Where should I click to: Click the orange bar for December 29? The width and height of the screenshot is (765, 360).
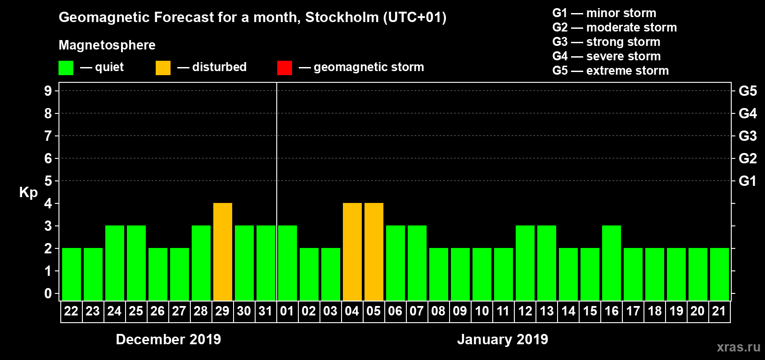(223, 252)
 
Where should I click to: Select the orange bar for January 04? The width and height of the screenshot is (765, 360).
(352, 252)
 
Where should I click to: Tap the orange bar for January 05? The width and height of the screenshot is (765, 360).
(374, 252)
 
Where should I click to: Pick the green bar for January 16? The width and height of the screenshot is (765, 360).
(612, 263)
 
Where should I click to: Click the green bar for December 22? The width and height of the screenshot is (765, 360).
(72, 274)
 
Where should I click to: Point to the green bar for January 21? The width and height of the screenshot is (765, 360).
(720, 274)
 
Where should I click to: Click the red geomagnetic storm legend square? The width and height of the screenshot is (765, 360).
(284, 68)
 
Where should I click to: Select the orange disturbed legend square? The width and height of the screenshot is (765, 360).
(163, 68)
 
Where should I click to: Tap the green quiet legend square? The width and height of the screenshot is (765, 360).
(66, 68)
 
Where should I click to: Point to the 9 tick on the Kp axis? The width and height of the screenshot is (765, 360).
(48, 91)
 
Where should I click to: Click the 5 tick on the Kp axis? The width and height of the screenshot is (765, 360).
(48, 181)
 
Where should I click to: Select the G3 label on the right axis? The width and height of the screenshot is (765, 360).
(747, 136)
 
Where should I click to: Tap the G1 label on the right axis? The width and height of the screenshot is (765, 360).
(747, 181)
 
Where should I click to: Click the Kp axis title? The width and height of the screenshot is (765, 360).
(28, 193)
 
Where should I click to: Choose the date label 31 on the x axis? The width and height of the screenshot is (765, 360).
(265, 311)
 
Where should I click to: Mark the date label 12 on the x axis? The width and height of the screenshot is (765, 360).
(525, 311)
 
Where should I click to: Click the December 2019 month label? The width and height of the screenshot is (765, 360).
(168, 339)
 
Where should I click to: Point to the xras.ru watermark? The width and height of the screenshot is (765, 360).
(738, 347)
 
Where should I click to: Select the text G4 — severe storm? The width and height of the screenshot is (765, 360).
(607, 56)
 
